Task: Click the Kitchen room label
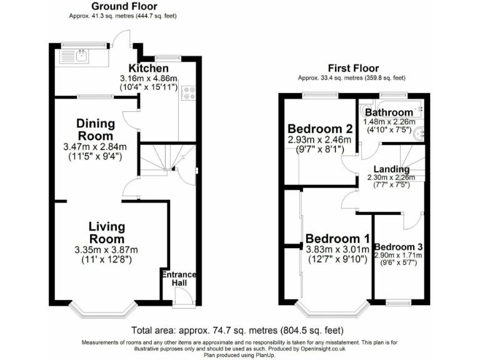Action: point(149,68)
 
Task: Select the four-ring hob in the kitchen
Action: point(189,93)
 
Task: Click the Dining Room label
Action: point(96,129)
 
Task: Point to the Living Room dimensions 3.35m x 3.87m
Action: point(106,250)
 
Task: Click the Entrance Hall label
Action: point(179,278)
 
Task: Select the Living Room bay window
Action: point(102,309)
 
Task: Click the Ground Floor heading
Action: point(124,6)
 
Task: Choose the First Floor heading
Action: point(353,68)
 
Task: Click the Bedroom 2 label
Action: point(320,129)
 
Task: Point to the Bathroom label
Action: point(389,112)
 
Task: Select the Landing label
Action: point(391,169)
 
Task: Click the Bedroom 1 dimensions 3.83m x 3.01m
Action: point(337,249)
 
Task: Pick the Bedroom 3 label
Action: point(399,247)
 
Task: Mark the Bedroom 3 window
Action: point(398,303)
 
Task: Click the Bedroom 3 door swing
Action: point(412,221)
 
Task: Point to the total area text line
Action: point(237,331)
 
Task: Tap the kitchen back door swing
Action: point(122,39)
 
